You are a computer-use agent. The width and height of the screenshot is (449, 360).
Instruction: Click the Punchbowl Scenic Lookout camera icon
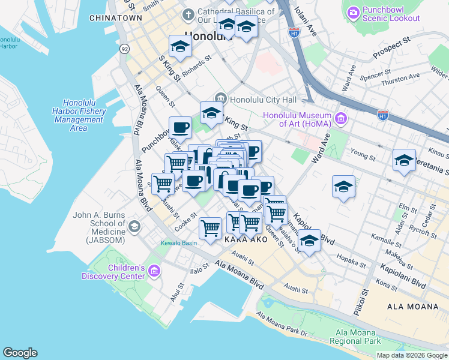(354, 12)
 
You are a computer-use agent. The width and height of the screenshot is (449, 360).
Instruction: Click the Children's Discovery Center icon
(155, 272)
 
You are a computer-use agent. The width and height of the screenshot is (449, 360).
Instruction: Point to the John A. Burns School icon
(134, 226)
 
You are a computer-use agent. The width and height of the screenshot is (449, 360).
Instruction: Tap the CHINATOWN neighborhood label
(115, 18)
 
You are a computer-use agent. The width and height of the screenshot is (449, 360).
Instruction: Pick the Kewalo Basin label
(178, 244)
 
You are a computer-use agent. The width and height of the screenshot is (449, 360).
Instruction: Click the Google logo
(20, 353)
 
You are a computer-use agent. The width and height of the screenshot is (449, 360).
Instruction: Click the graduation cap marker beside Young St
(405, 160)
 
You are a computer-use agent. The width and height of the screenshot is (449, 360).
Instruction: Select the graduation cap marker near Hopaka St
(309, 241)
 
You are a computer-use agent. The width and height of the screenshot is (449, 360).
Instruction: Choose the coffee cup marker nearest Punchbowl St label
(180, 128)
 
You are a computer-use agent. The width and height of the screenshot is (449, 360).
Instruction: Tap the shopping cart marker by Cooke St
(210, 227)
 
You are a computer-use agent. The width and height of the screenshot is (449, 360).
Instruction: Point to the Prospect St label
(390, 47)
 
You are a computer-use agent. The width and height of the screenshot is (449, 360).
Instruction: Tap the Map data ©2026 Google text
(411, 355)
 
